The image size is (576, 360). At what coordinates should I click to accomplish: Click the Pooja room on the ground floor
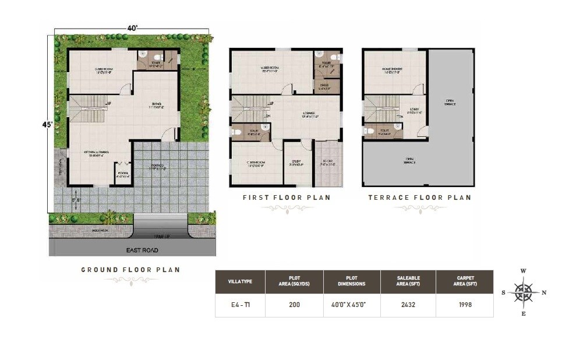(122, 174)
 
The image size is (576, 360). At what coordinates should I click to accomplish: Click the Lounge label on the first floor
(309, 114)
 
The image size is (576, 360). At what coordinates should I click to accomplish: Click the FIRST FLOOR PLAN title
(287, 197)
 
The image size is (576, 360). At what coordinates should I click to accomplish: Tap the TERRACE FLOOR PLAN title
(419, 197)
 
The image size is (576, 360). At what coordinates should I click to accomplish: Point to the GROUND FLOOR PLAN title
(130, 270)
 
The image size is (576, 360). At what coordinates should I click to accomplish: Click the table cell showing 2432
(408, 304)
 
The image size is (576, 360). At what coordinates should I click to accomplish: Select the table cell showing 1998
(464, 304)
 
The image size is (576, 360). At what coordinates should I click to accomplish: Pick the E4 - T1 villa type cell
(240, 304)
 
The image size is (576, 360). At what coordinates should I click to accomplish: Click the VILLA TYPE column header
(240, 281)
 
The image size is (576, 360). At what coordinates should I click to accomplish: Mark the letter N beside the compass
(544, 293)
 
